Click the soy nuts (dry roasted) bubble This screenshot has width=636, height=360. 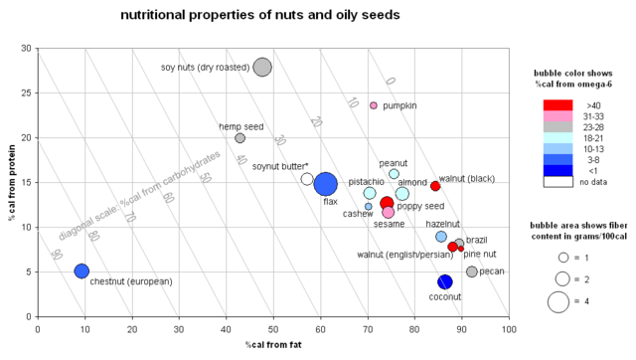click(262, 67)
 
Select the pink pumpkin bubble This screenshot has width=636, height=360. click(374, 105)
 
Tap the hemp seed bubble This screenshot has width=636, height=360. click(240, 138)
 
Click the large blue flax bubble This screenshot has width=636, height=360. click(325, 184)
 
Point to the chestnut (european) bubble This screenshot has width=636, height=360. click(81, 271)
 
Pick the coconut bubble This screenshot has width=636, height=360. click(445, 282)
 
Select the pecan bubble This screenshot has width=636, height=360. click(472, 271)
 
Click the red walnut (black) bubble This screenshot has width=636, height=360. click(435, 186)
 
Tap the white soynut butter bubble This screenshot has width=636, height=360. click(307, 179)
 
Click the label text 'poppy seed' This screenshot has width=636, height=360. click(420, 206)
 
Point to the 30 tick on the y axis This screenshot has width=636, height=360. click(25, 48)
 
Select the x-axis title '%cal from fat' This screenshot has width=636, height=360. click(273, 344)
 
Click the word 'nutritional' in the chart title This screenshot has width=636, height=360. click(157, 16)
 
